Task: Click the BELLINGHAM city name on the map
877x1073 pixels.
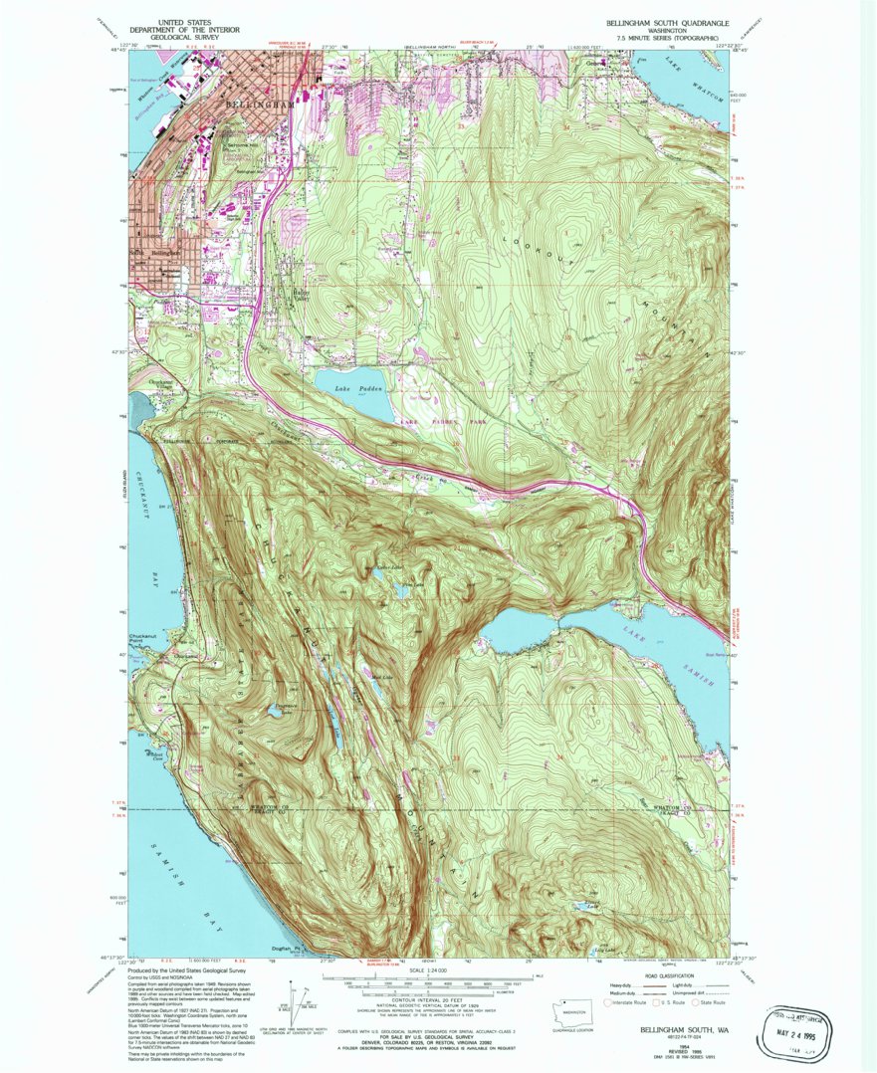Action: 262,104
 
